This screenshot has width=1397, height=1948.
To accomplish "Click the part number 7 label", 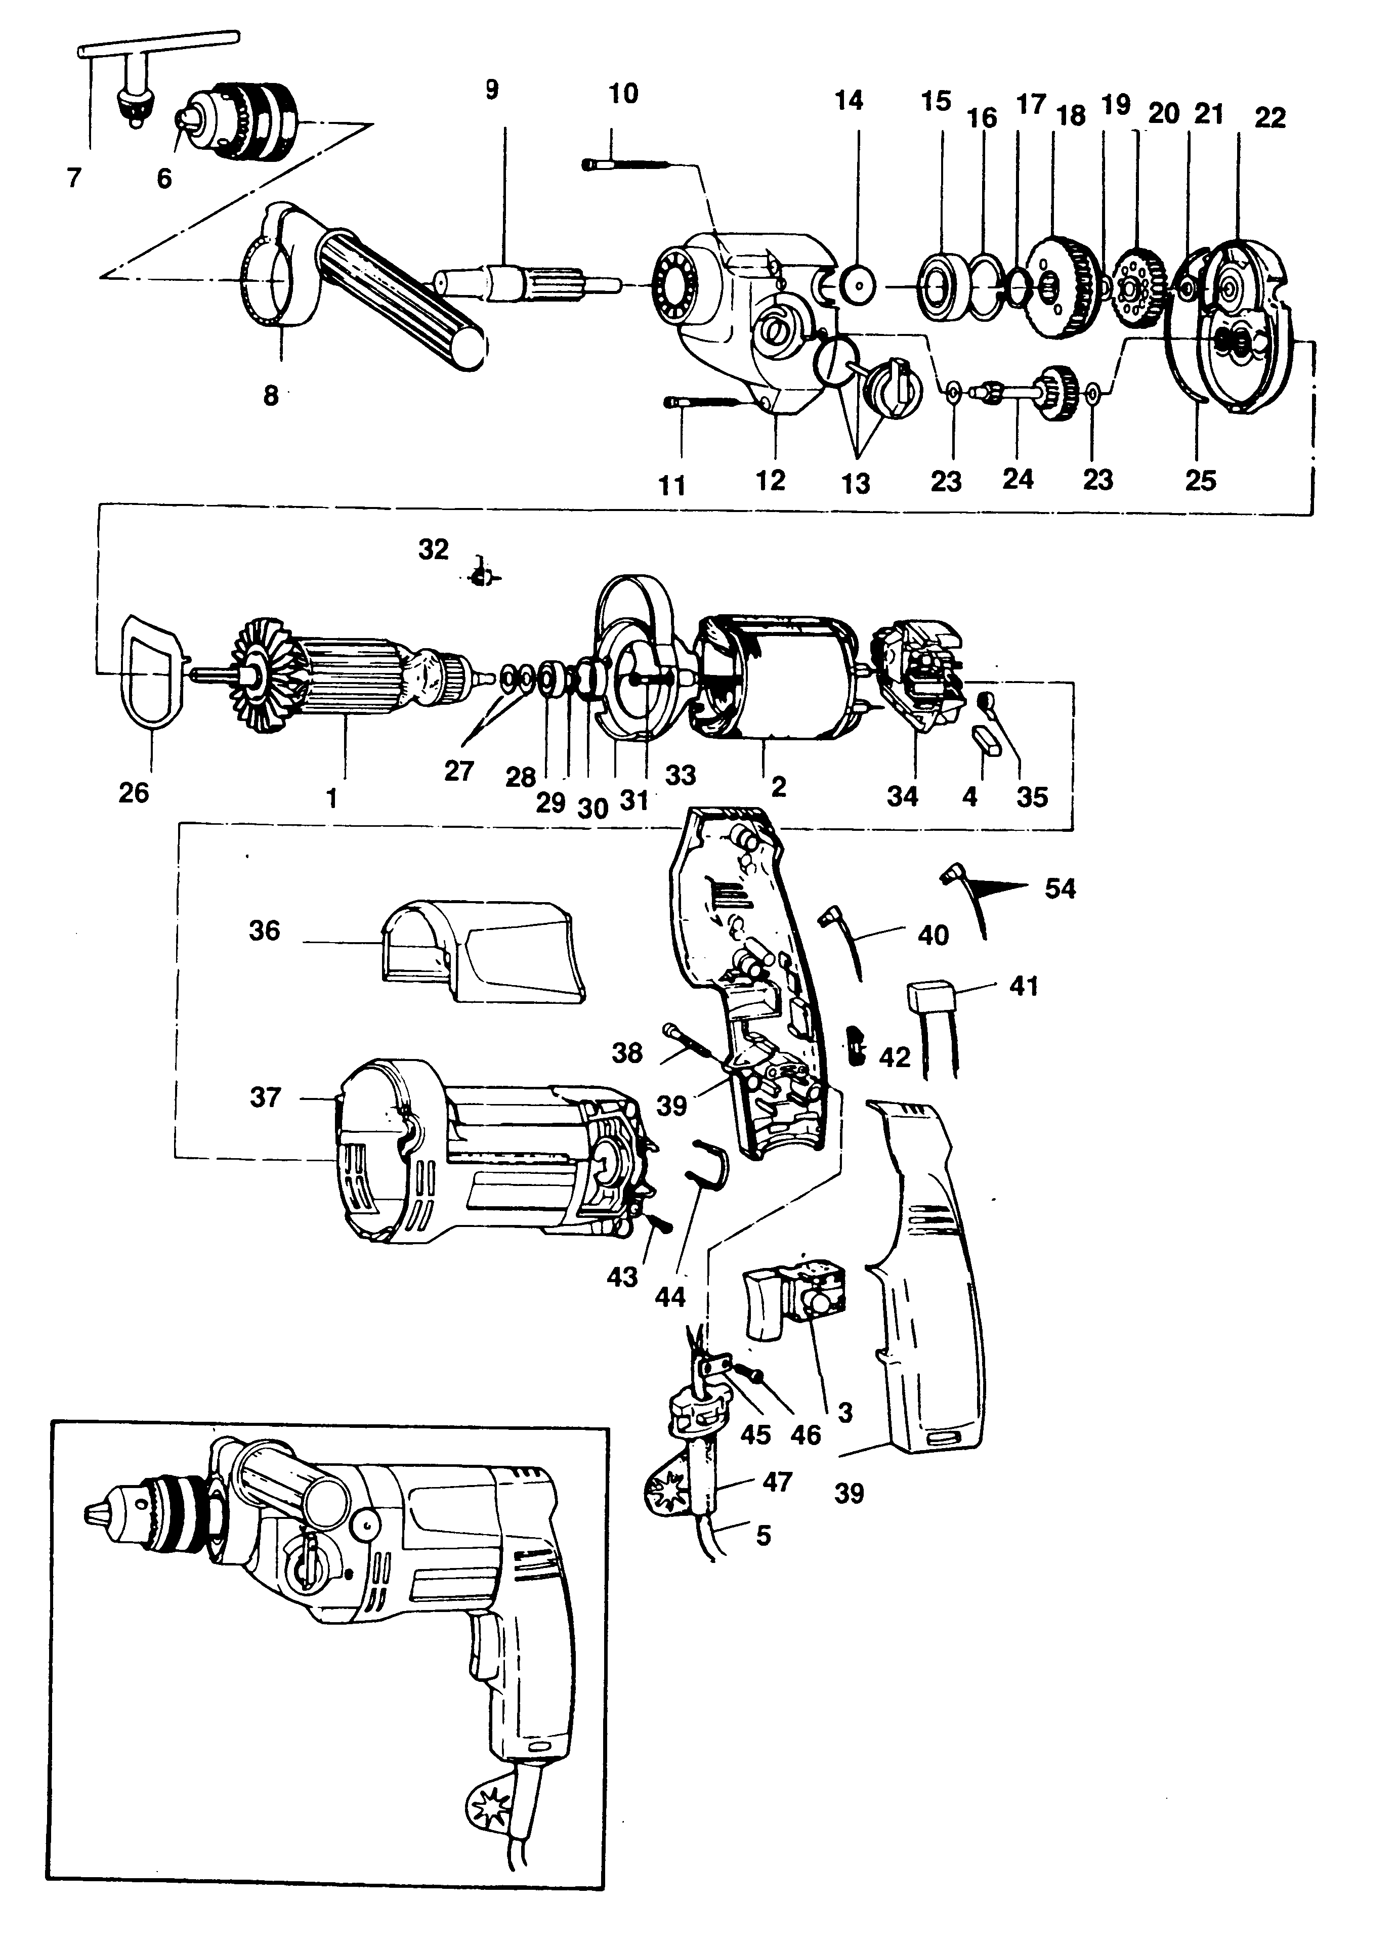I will pyautogui.click(x=75, y=178).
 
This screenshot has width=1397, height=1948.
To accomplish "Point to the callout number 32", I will pyautogui.click(x=434, y=549).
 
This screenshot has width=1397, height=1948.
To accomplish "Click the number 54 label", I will pyautogui.click(x=1060, y=888).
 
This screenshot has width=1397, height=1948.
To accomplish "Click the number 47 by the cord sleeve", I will pyautogui.click(x=777, y=1481).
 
